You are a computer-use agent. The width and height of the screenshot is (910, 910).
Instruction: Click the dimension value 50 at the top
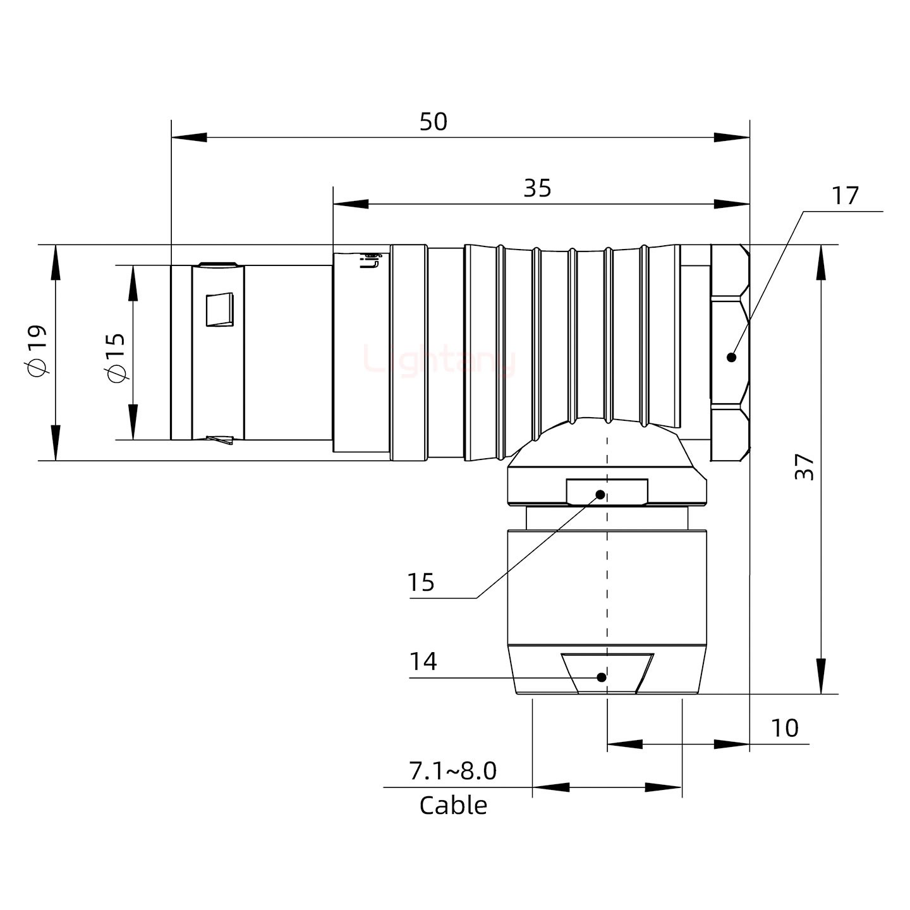pyautogui.click(x=434, y=122)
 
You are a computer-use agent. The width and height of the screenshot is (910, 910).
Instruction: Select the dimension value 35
pyautogui.click(x=537, y=188)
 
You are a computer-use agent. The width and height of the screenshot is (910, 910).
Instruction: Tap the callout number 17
pyautogui.click(x=845, y=196)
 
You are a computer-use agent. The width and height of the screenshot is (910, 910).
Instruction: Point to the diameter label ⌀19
pyautogui.click(x=37, y=351)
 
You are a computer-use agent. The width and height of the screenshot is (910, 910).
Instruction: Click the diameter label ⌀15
pyautogui.click(x=116, y=358)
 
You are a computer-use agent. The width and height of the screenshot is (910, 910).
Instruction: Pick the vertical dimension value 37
pyautogui.click(x=804, y=466)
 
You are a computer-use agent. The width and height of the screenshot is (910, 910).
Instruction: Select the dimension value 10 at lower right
pyautogui.click(x=784, y=728)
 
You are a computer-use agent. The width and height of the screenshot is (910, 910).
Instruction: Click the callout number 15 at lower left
pyautogui.click(x=421, y=582)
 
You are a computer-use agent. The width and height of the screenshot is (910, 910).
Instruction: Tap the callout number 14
pyautogui.click(x=423, y=662)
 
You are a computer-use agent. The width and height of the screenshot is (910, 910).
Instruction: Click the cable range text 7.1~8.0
pyautogui.click(x=452, y=771)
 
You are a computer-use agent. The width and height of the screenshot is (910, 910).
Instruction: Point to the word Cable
pyautogui.click(x=453, y=806)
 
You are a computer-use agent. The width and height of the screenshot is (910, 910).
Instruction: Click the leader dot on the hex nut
pyautogui.click(x=732, y=357)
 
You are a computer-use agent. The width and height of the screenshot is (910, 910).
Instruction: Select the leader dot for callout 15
pyautogui.click(x=600, y=494)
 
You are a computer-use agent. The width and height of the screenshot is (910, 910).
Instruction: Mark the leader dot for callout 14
pyautogui.click(x=602, y=677)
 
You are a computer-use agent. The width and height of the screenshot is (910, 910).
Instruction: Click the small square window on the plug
pyautogui.click(x=220, y=310)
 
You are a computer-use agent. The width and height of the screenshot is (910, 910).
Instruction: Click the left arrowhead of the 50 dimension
pyautogui.click(x=189, y=137)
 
